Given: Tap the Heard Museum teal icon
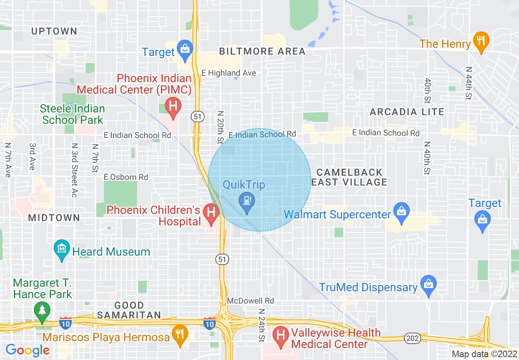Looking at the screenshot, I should pyautogui.click(x=62, y=248).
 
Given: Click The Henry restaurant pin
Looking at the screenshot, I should pyautogui.click(x=481, y=41).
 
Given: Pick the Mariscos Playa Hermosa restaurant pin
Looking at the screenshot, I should pyautogui.click(x=180, y=335).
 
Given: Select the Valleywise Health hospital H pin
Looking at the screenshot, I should pyautogui.click(x=281, y=336).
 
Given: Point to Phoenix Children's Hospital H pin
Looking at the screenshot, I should pyautogui.click(x=211, y=213).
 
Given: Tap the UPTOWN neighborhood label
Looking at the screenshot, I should pyautogui.click(x=54, y=32).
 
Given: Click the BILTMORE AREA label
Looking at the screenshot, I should pyautogui.click(x=262, y=52).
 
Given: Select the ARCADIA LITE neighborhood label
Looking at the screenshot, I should pyautogui.click(x=407, y=112).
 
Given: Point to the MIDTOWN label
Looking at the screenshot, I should pyautogui.click(x=54, y=218).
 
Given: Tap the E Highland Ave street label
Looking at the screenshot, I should pyautogui.click(x=229, y=73).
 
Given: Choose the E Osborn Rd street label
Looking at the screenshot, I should pyautogui.click(x=126, y=177).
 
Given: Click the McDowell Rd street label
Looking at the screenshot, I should pyautogui.click(x=250, y=301).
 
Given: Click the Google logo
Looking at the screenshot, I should pyautogui.click(x=27, y=350).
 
